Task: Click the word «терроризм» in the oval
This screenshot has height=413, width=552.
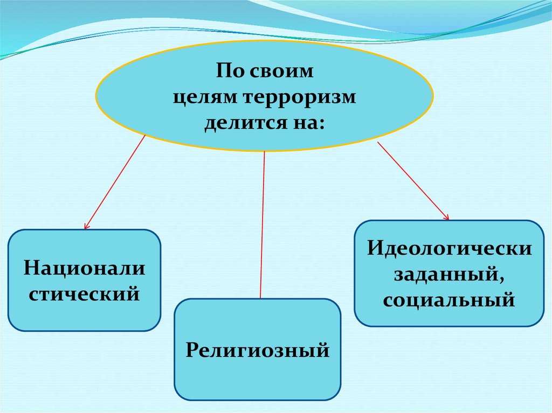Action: pyautogui.click(x=300, y=98)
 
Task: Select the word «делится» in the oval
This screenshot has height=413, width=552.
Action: pyautogui.click(x=239, y=123)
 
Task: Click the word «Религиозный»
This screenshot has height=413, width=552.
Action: pyautogui.click(x=258, y=350)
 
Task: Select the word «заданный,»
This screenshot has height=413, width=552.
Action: pyautogui.click(x=449, y=275)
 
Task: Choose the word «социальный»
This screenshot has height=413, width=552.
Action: pyautogui.click(x=449, y=300)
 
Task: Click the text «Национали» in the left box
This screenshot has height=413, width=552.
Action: pyautogui.click(x=84, y=268)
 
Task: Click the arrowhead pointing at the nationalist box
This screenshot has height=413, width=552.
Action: pyautogui.click(x=86, y=227)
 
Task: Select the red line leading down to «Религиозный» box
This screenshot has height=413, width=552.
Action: pyautogui.click(x=263, y=226)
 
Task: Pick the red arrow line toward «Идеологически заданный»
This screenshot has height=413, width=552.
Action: pyautogui.click(x=412, y=180)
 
